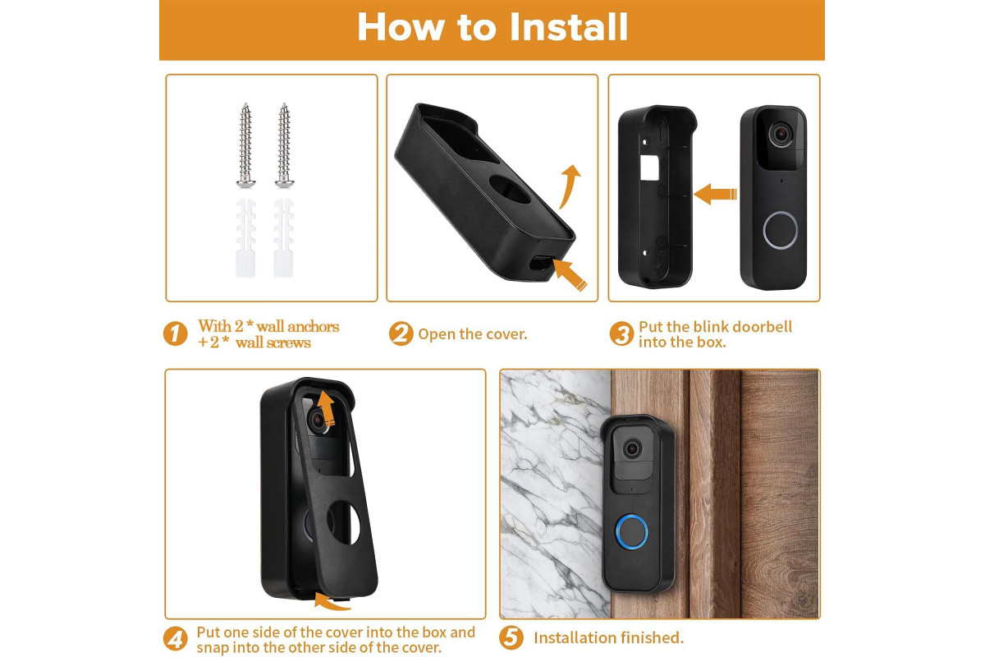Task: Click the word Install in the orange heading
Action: point(569,27)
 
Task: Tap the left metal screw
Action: point(245,145)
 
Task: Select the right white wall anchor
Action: point(284,238)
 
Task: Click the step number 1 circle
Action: point(176,333)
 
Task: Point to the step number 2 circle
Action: point(401,333)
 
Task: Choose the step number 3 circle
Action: point(621,333)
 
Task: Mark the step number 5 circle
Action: point(511,637)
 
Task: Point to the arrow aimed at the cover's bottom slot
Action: point(570,274)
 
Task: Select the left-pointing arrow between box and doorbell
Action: point(716,194)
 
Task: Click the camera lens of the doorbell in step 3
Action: point(781,133)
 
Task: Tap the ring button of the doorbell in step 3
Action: point(780,230)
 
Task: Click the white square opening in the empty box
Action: point(649,168)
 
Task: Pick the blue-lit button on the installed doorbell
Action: point(631,531)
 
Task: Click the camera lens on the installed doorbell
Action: point(632,449)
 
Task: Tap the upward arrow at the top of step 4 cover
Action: point(327,408)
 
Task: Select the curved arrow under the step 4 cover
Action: point(332,602)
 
